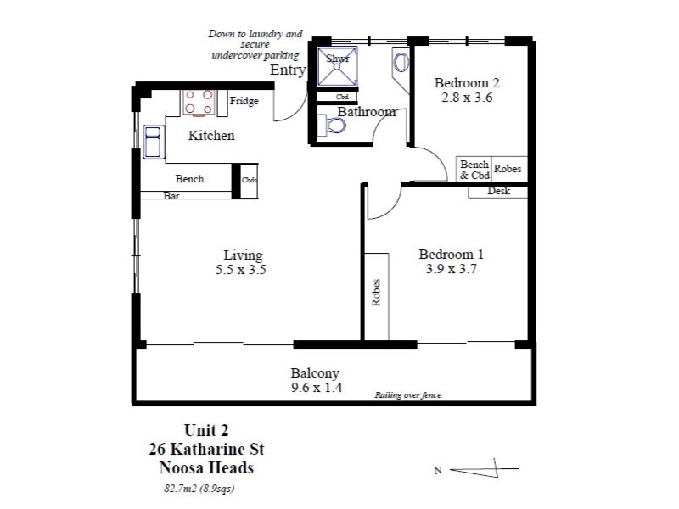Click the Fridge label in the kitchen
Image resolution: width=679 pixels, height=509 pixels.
244,102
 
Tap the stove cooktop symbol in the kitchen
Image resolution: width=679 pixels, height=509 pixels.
199,103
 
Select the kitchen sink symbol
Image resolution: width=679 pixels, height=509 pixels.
154,142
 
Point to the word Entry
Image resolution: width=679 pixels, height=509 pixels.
287,70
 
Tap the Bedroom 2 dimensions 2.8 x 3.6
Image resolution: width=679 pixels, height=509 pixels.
467,98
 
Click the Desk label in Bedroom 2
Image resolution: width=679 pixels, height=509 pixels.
498,192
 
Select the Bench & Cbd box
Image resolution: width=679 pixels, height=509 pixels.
474,170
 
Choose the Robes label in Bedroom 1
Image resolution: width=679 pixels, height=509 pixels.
375,293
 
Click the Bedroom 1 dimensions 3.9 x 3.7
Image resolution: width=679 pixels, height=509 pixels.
452,270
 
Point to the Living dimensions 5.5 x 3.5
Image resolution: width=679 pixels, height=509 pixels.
243,271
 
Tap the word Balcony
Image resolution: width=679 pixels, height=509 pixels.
315,373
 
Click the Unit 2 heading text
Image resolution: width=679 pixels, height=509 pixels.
206,430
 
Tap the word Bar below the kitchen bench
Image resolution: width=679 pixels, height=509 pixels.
172,195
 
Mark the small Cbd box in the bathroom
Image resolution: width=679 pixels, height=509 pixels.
342,97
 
